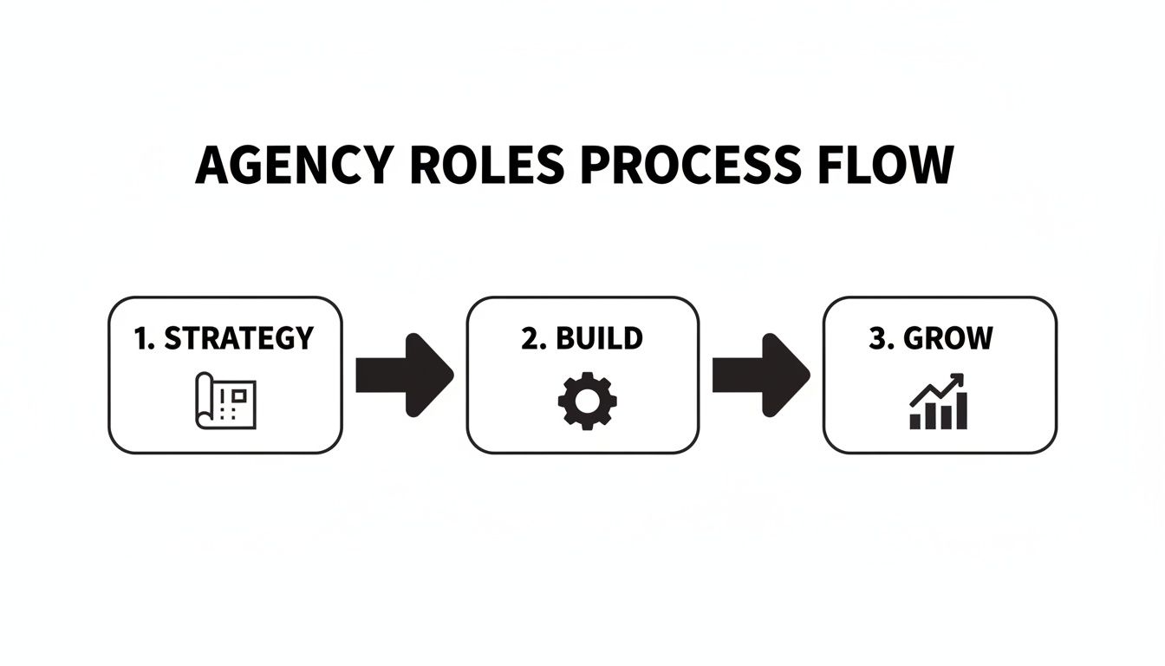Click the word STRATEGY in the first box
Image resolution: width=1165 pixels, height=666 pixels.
click(238, 338)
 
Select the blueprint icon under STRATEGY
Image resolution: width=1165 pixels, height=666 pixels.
click(225, 400)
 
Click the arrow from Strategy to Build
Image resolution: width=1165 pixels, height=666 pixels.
click(404, 375)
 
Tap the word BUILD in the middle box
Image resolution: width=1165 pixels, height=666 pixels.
click(599, 338)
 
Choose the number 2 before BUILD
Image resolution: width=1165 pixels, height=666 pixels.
click(530, 338)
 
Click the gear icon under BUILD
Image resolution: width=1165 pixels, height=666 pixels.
click(587, 400)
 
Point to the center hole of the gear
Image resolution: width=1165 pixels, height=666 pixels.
click(587, 400)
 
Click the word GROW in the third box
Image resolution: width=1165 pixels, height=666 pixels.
click(948, 338)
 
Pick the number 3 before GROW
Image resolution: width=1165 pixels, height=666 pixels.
click(878, 338)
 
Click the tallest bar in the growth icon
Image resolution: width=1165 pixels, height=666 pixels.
click(961, 410)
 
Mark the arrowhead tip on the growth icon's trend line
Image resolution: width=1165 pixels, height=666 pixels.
click(961, 376)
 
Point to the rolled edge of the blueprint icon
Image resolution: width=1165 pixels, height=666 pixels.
click(203, 402)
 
